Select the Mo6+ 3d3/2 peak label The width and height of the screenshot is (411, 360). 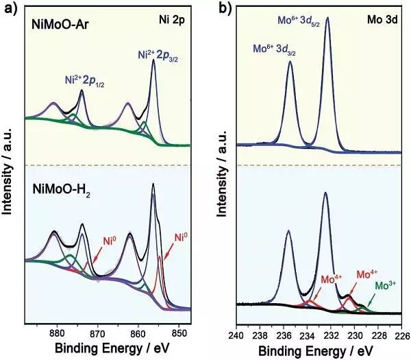(x=280, y=49)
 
